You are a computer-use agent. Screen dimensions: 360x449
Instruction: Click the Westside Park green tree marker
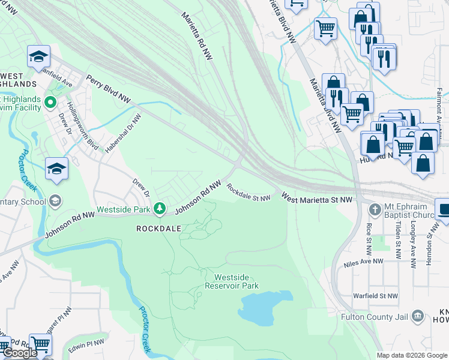click(159, 208)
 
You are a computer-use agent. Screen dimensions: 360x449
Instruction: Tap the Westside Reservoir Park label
click(237, 281)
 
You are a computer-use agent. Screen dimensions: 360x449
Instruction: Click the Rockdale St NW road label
click(249, 193)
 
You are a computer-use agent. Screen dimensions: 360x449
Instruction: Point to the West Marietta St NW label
click(316, 198)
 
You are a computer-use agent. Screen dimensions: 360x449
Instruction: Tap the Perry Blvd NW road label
click(109, 88)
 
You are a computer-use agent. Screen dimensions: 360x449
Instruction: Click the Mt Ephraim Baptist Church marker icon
click(375, 209)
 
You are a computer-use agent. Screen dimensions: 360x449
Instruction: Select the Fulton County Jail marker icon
click(419, 316)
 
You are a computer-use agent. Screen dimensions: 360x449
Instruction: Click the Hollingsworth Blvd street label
click(76, 125)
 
